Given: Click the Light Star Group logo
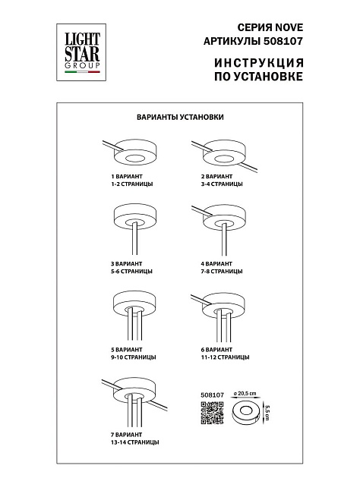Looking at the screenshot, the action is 81,52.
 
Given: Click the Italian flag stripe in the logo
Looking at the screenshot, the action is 82,72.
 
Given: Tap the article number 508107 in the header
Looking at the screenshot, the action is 282,41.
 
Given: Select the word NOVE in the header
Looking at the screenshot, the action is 289,27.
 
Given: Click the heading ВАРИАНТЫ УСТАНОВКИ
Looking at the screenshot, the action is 180,117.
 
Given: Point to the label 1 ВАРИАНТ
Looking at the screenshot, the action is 127,176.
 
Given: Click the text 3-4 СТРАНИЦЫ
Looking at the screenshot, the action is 222,184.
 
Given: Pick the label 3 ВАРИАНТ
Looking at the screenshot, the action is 127,263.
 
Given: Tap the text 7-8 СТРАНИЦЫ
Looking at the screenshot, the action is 222,271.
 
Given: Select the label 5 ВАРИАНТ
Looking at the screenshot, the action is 127,349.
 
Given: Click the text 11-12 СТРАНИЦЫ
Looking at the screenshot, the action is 225,357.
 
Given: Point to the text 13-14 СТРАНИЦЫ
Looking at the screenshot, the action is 135,442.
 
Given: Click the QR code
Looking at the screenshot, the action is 212,413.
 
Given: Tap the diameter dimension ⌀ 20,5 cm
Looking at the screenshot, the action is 245,393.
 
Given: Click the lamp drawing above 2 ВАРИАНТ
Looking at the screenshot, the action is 224,156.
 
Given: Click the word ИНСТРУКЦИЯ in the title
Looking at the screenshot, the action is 259,62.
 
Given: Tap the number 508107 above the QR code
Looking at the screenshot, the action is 213,395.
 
